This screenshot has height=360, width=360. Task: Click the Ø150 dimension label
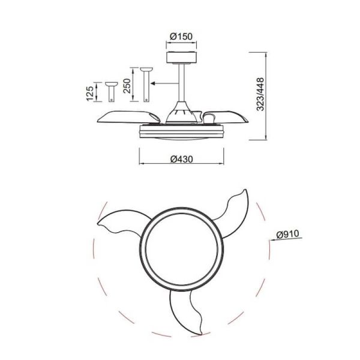tap(181, 37)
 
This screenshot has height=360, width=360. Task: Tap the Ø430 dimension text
tap(181, 159)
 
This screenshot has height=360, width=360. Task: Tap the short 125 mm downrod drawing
tap(111, 91)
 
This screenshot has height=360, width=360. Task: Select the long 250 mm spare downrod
tap(145, 85)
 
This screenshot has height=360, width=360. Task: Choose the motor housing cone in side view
tap(181, 111)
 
